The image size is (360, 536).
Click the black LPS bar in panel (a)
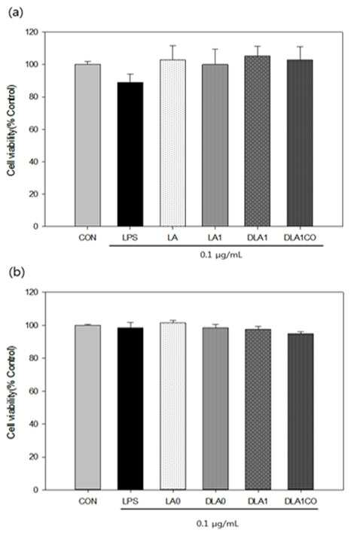130,154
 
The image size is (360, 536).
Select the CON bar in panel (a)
88,145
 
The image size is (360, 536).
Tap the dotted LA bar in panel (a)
172,143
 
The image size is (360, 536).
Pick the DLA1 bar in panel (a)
258,142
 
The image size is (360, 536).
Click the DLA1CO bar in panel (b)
301,412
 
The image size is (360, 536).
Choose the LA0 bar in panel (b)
173,406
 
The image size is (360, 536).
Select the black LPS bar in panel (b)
130,409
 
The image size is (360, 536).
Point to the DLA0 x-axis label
215,501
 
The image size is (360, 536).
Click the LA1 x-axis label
215,238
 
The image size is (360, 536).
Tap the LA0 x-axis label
173,501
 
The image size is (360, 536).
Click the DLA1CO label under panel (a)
300,238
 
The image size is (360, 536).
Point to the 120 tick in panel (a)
32,32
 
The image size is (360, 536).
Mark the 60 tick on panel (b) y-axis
34,391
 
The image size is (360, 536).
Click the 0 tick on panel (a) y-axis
36,227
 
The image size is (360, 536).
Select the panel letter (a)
16,13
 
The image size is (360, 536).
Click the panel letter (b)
17,273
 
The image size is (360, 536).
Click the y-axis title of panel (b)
11,392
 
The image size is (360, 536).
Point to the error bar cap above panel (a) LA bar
172,45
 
